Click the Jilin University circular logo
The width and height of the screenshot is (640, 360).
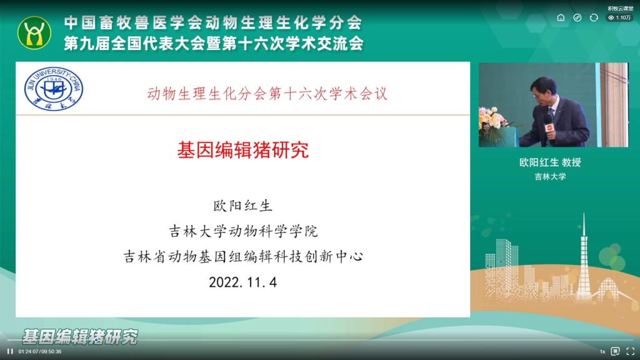tap(54, 89)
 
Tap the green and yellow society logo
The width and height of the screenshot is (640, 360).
tap(34, 33)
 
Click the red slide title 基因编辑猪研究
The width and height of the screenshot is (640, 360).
tap(243, 150)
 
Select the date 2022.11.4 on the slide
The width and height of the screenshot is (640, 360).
tap(243, 282)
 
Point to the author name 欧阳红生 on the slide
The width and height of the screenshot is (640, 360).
tap(243, 206)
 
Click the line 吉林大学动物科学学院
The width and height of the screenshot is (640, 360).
tap(243, 231)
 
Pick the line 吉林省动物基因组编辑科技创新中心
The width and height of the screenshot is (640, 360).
tap(243, 257)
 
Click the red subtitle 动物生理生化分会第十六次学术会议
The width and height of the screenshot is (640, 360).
tap(267, 94)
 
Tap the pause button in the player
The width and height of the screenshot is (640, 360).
tap(10, 351)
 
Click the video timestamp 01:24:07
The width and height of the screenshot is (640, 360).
tap(28, 351)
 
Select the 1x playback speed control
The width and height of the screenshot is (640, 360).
tap(602, 351)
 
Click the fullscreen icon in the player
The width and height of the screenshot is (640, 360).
tap(630, 351)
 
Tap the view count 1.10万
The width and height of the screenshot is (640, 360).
tap(619, 17)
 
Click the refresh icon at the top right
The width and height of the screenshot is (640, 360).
tap(594, 17)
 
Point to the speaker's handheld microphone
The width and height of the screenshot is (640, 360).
tap(549, 126)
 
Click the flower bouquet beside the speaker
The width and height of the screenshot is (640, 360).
tap(493, 119)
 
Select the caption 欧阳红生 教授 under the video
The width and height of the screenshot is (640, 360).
tap(550, 162)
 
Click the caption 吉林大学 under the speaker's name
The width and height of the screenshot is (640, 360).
tap(550, 177)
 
